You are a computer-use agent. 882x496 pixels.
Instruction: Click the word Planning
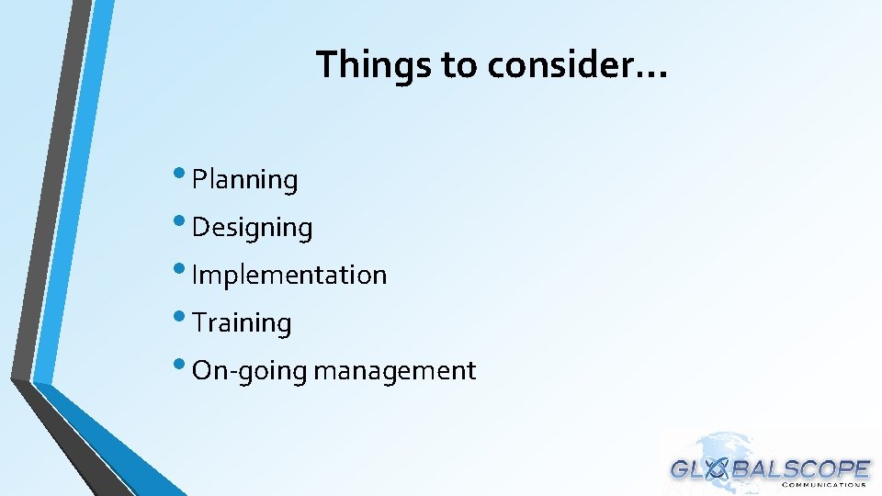point(244,180)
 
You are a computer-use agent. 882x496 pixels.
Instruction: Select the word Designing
point(252,228)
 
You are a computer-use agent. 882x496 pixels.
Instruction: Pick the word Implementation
point(289,275)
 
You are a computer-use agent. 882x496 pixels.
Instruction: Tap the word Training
point(243,323)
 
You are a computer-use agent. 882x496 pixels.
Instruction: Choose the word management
point(395,371)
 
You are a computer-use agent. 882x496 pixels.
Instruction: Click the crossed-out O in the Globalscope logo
point(718,469)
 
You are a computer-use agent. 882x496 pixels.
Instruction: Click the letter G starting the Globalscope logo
point(681,469)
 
